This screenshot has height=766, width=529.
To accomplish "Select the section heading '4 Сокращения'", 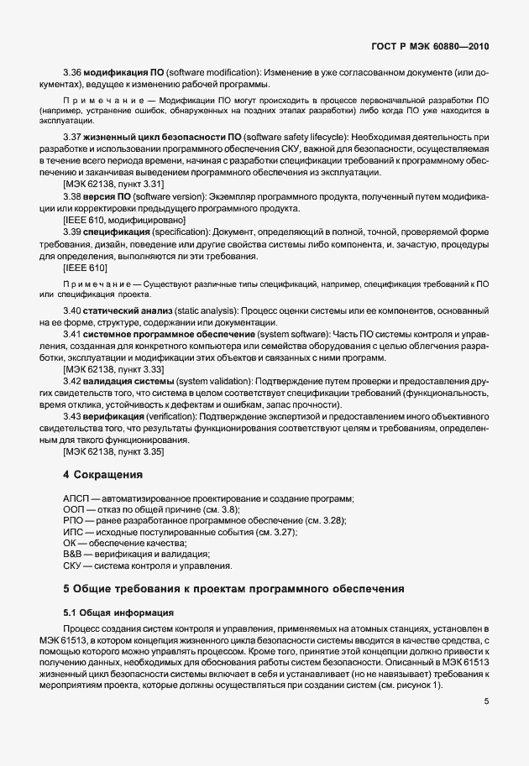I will pyautogui.click(x=103, y=475).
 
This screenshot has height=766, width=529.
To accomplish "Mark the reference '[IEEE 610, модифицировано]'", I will pyautogui.click(x=124, y=219).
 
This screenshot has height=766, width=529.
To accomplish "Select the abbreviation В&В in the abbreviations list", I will pyautogui.click(x=74, y=554).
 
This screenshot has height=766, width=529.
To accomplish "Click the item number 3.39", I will pyautogui.click(x=72, y=231).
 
